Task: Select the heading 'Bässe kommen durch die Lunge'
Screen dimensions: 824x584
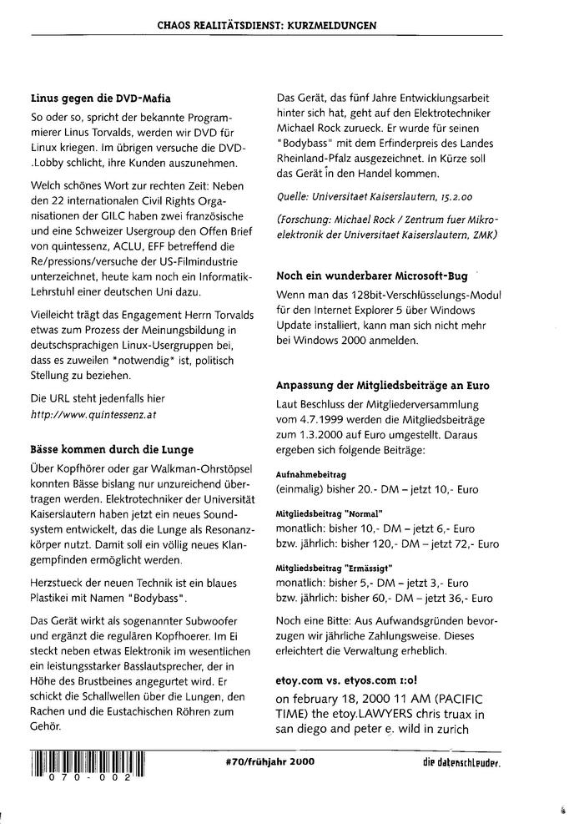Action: [x=105, y=449]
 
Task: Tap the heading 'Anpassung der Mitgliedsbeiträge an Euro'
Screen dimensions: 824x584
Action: [x=382, y=385]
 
